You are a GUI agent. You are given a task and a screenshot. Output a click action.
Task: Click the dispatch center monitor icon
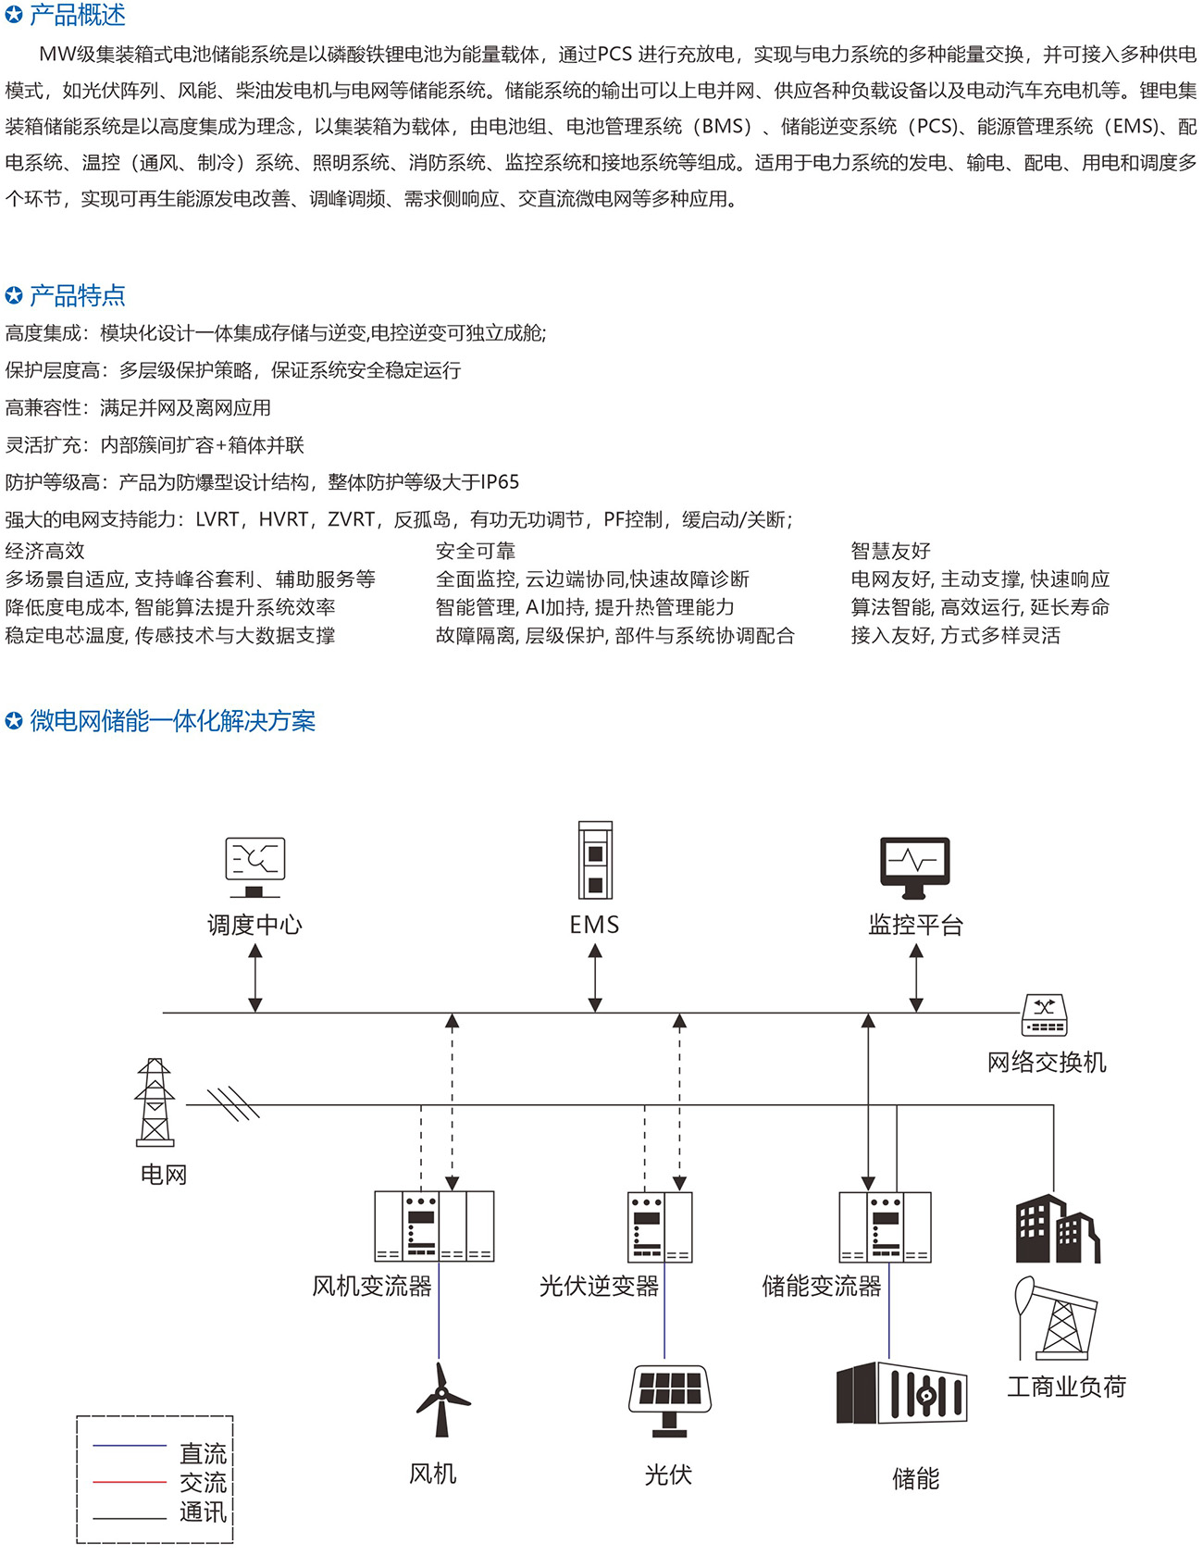coord(255,866)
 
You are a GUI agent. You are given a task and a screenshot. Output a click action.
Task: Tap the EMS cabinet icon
coord(595,860)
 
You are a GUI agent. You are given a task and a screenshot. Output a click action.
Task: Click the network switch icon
coord(1045,1015)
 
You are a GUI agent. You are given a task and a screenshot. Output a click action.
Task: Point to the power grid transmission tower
coord(154,1102)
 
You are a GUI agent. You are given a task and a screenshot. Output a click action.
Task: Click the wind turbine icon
coord(441,1399)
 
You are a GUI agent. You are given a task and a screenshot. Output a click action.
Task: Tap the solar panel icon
coord(669,1400)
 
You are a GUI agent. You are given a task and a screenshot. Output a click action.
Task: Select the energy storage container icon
coord(901,1393)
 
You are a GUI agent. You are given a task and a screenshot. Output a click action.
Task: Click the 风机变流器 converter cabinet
coord(434,1226)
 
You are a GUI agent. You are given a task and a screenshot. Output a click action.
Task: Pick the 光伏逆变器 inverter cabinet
coord(660,1226)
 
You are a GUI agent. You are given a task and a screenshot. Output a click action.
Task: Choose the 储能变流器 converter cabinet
coord(885,1226)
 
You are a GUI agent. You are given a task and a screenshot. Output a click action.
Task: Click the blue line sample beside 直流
coord(130,1445)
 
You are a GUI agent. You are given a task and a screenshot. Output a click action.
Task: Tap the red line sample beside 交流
coord(130,1482)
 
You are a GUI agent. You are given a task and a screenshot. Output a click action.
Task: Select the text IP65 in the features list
coord(500,482)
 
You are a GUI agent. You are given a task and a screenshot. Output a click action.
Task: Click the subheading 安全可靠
coord(476,551)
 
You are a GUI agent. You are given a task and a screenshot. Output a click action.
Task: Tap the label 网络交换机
coord(1046,1062)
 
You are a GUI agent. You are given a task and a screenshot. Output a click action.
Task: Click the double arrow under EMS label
coord(595,977)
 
